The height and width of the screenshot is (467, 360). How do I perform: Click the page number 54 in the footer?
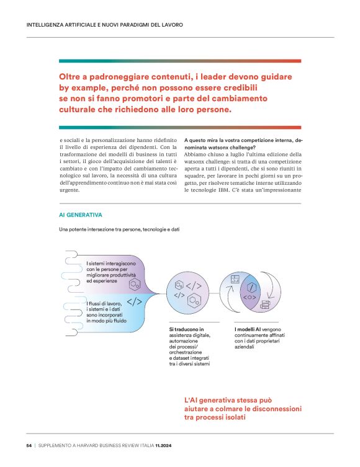[x=29, y=445]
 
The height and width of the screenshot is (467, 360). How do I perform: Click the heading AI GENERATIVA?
[x=80, y=215]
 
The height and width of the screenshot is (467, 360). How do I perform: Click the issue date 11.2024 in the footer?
[x=167, y=445]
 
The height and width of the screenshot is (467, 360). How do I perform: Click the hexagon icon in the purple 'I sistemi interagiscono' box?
[x=133, y=285]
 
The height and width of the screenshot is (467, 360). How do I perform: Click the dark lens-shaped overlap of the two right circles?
[x=252, y=290]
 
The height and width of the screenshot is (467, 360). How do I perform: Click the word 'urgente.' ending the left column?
[x=71, y=190]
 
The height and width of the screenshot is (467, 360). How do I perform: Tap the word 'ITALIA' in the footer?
[x=145, y=445]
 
